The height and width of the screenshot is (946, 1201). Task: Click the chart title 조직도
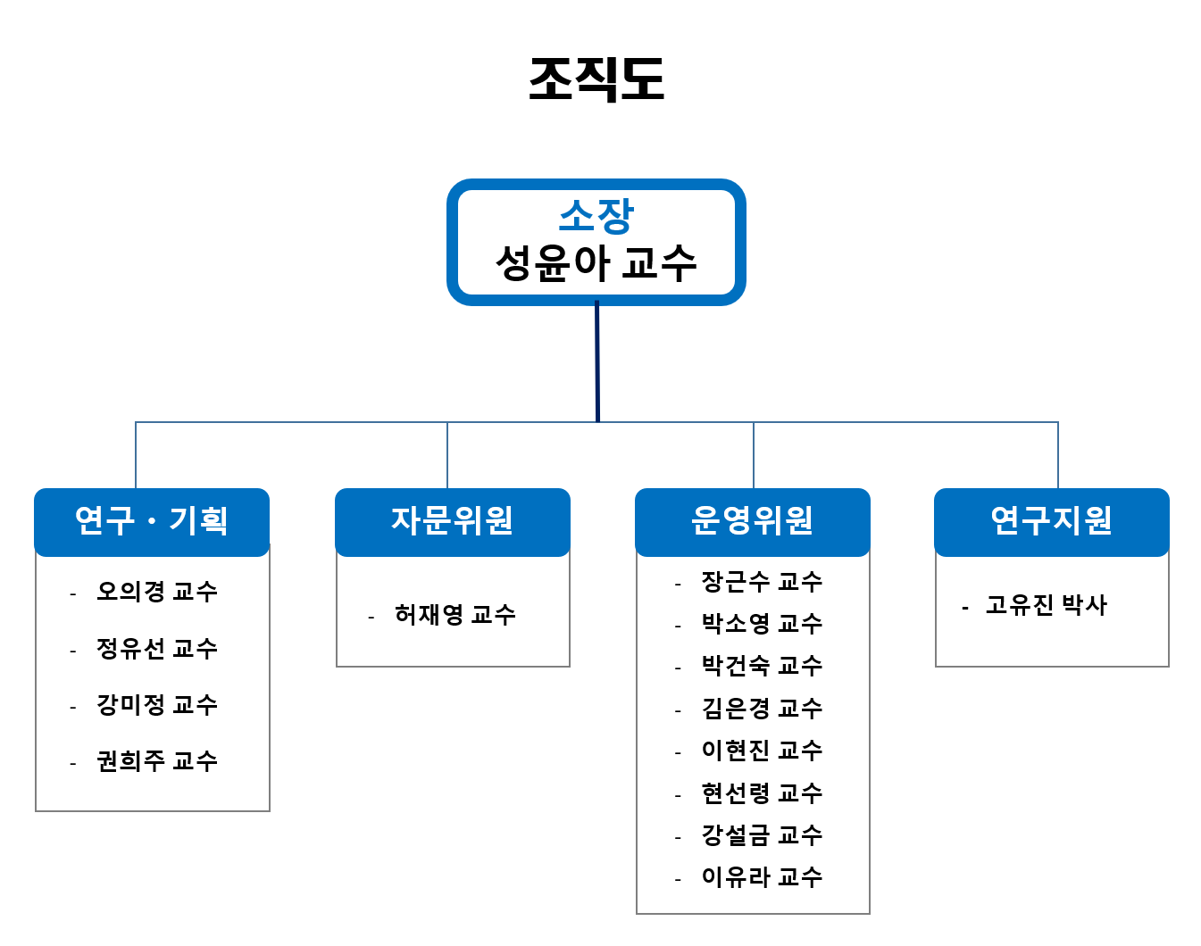click(596, 79)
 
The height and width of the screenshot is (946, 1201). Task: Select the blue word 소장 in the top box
click(596, 216)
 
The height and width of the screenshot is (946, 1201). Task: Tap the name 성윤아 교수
click(596, 263)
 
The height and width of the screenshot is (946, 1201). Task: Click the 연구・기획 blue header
click(152, 522)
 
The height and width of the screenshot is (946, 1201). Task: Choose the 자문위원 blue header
click(452, 522)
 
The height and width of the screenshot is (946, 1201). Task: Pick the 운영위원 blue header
click(752, 522)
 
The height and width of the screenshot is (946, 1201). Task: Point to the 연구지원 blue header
click(1052, 522)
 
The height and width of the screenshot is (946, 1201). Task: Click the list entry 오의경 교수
click(157, 592)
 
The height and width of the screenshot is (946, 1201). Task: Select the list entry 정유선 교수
click(157, 649)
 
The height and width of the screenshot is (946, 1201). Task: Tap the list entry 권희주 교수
click(157, 761)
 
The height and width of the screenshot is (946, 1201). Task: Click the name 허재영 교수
click(455, 615)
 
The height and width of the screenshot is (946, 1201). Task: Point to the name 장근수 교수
click(762, 582)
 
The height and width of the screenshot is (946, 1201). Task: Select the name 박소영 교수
click(762, 624)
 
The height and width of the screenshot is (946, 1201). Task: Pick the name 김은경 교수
click(762, 709)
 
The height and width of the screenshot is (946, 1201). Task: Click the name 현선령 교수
click(762, 793)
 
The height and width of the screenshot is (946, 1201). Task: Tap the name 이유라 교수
click(762, 877)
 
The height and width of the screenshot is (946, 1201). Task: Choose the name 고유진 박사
click(1047, 606)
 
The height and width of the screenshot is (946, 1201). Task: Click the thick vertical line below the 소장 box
click(597, 361)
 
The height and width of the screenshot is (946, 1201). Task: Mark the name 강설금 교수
click(762, 835)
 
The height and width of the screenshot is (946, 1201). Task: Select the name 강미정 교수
click(157, 705)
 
